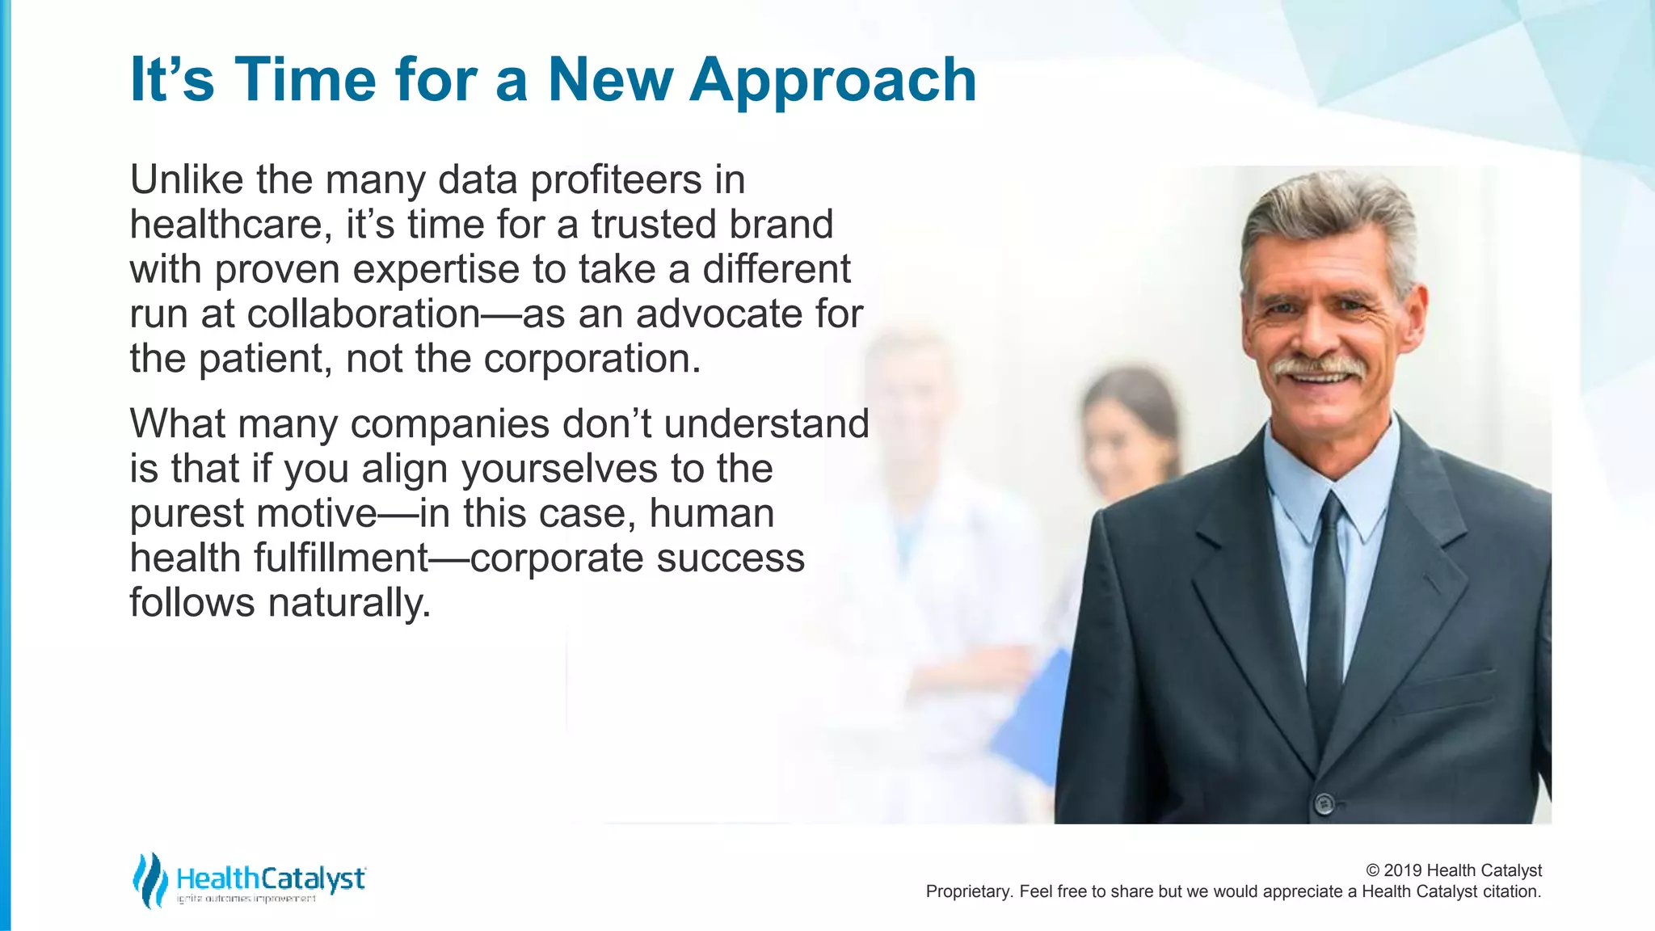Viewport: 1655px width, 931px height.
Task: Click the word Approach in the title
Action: tap(832, 81)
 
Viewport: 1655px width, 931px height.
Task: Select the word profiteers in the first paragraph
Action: tap(616, 179)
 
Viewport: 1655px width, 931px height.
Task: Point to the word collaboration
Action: tap(364, 314)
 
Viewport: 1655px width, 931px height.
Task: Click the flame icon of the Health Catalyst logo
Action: tap(149, 879)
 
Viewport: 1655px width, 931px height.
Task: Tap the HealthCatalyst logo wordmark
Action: tap(271, 878)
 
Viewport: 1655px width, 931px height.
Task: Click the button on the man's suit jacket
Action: tap(1324, 803)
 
